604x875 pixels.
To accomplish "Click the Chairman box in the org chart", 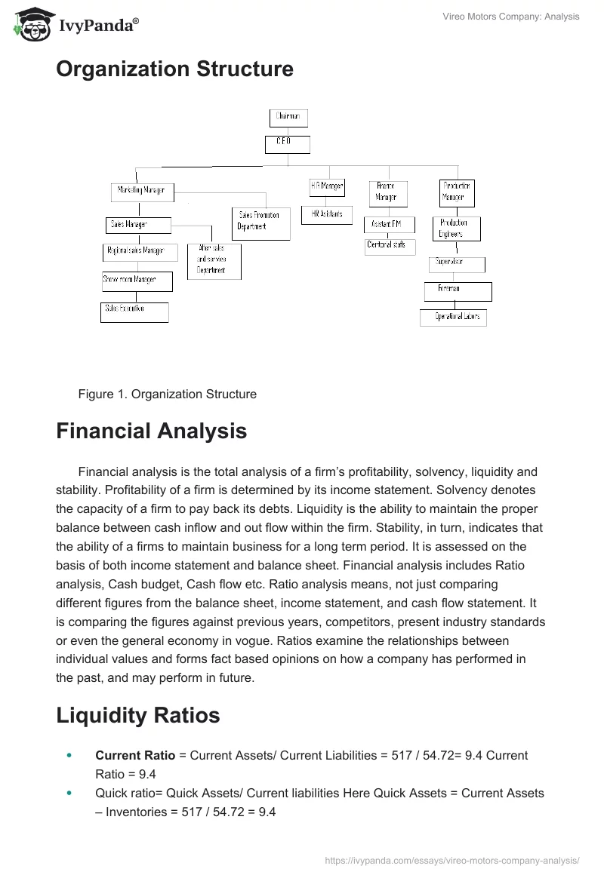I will (x=288, y=118).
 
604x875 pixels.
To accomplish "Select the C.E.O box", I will (x=287, y=143).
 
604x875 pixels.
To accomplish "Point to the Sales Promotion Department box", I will (x=260, y=223).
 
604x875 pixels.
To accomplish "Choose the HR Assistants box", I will (x=325, y=215).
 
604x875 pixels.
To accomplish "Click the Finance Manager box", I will (x=387, y=193).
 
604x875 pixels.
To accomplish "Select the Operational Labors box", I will (x=453, y=318).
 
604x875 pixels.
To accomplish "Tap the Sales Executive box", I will (x=134, y=312).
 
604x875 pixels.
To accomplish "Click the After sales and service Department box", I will (x=214, y=261).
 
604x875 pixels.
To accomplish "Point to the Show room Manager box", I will (x=137, y=281).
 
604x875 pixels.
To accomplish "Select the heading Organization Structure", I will (x=174, y=69).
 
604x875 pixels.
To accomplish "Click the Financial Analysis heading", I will (x=151, y=431).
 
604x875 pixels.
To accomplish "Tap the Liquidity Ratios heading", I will (x=138, y=714).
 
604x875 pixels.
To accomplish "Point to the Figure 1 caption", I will (x=167, y=394).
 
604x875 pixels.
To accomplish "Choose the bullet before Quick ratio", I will (x=70, y=794).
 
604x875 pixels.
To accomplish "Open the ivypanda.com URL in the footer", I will (x=451, y=860).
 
